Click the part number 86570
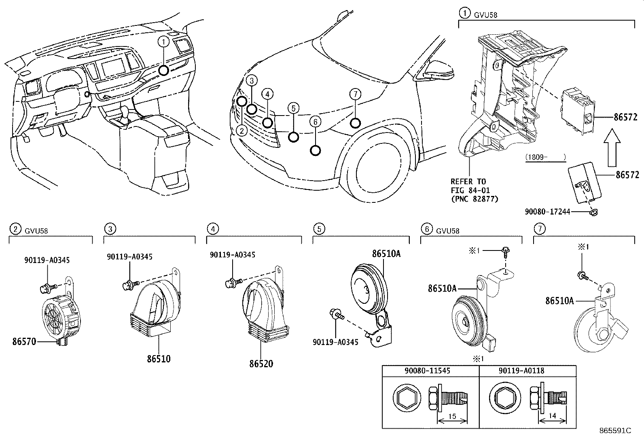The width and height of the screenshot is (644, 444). pos(24,342)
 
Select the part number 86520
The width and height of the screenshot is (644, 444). pos(261,364)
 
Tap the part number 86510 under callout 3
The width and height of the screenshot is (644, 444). pos(159,358)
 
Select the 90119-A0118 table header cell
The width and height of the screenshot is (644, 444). pos(527,371)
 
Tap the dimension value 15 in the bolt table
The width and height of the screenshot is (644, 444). pos(452,416)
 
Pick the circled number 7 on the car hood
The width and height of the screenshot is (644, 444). pos(355,95)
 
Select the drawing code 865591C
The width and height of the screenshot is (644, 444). pos(615,431)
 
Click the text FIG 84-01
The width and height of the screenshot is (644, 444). pos(468,190)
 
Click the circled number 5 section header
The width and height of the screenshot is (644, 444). pos(319,229)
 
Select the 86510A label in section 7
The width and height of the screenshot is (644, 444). pos(559,301)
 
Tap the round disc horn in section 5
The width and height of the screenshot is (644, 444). pos(366,288)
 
